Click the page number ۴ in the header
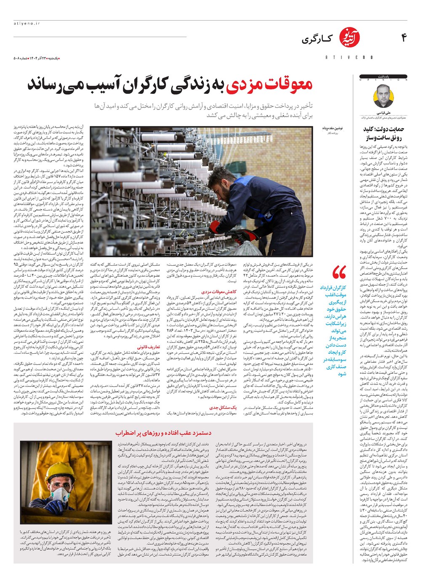point(404,38)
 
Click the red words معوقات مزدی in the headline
point(269,85)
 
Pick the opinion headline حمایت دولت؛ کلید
point(384,129)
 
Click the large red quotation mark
point(339,272)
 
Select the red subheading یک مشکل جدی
point(223,407)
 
